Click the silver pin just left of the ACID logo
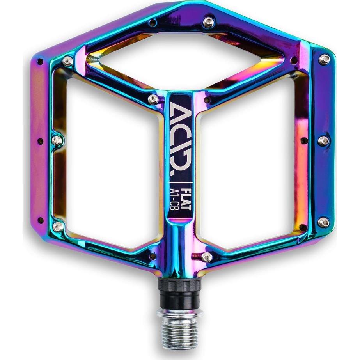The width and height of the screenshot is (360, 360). pos(153,99)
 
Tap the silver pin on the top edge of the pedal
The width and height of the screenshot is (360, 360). pos(209,22)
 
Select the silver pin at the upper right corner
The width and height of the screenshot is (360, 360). pos(325,59)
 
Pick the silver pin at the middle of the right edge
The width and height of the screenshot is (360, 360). pos(323,140)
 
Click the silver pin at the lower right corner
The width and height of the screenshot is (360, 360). pos(323,222)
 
